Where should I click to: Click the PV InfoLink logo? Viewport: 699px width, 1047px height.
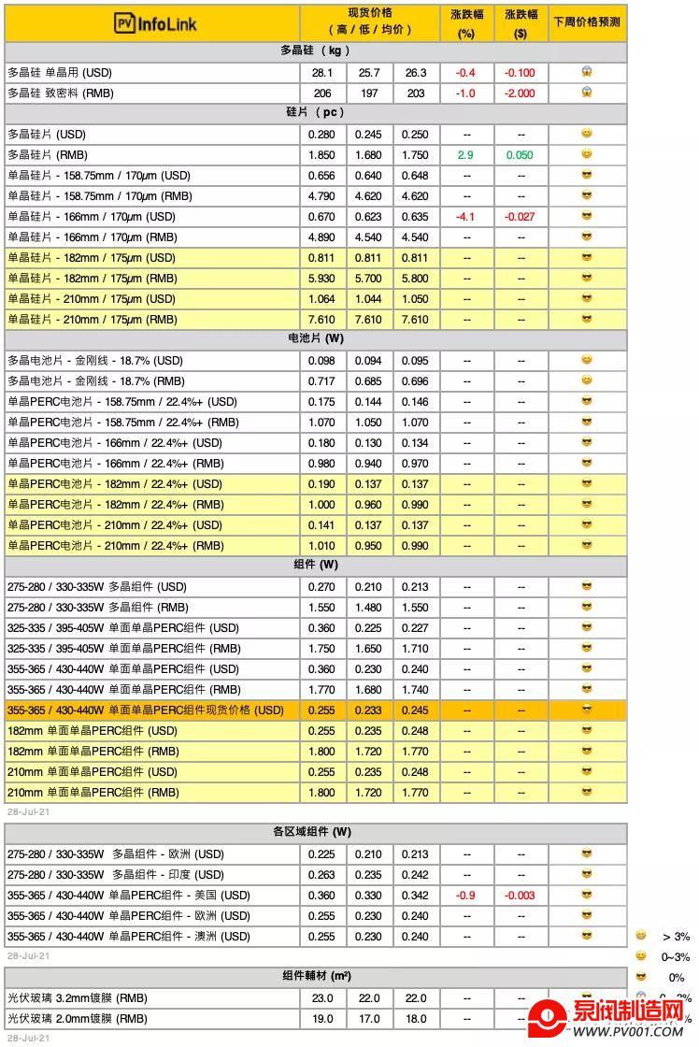pyautogui.click(x=155, y=23)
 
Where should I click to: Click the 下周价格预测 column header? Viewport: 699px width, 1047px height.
pyautogui.click(x=586, y=22)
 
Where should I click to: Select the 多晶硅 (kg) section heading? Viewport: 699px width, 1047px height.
pyautogui.click(x=315, y=50)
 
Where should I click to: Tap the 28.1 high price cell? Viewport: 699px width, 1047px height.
pyautogui.click(x=323, y=73)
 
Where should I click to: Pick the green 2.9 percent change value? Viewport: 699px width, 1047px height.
pyautogui.click(x=465, y=155)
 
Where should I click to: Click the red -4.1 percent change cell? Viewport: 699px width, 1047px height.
pyautogui.click(x=465, y=217)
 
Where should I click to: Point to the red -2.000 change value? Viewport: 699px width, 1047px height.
pyautogui.click(x=521, y=93)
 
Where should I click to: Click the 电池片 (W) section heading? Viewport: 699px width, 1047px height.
pyautogui.click(x=315, y=338)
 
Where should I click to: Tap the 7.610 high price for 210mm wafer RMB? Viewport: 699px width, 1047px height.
pyautogui.click(x=323, y=320)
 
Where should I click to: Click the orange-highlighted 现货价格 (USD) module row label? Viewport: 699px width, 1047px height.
pyautogui.click(x=146, y=710)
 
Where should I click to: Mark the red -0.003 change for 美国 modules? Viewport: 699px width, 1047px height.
pyautogui.click(x=521, y=896)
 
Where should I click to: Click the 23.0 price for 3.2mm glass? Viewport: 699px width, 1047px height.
pyautogui.click(x=323, y=998)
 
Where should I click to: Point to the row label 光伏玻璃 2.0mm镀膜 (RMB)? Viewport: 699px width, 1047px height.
pyautogui.click(x=78, y=1019)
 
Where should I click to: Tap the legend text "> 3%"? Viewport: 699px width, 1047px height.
pyautogui.click(x=676, y=936)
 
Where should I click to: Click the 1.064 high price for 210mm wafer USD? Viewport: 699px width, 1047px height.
pyautogui.click(x=323, y=299)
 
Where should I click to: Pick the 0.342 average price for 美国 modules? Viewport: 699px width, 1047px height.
pyautogui.click(x=416, y=896)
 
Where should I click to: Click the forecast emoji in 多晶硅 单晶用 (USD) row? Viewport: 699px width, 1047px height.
pyautogui.click(x=587, y=72)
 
